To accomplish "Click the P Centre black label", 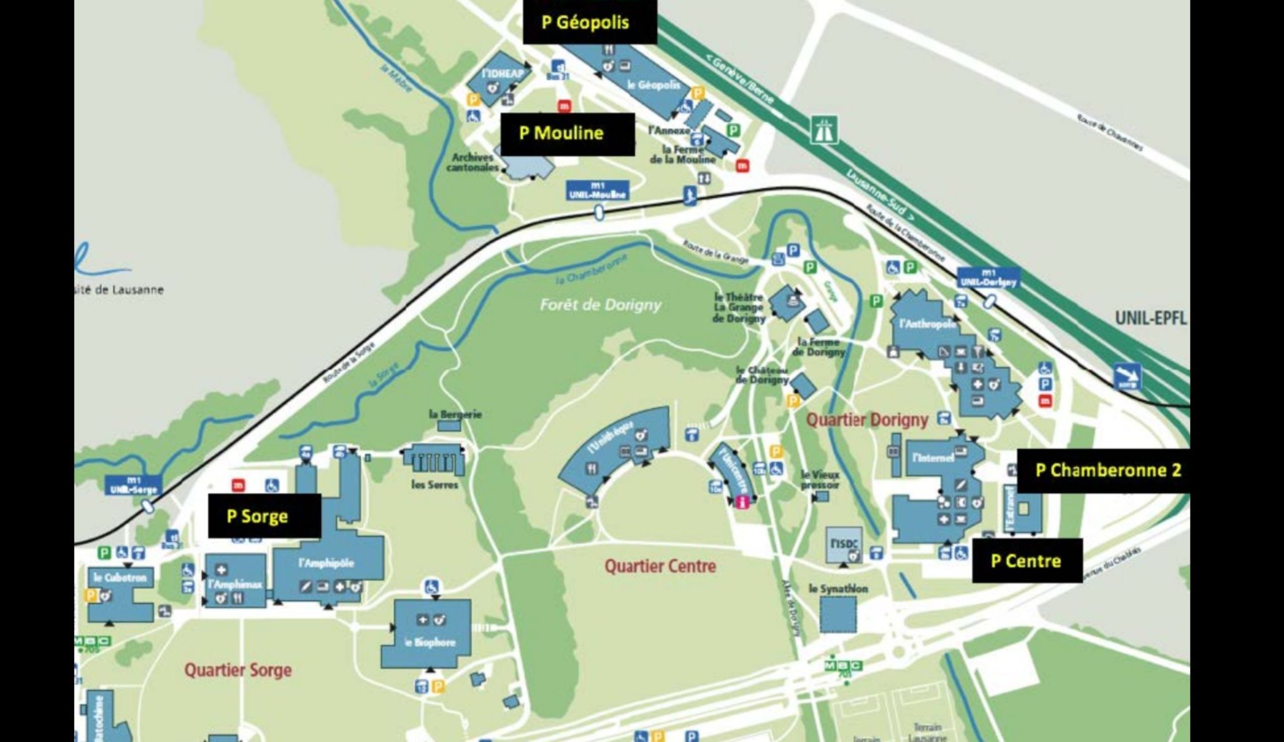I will click(x=1026, y=560).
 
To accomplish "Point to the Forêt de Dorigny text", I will click(x=600, y=305).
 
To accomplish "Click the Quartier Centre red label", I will click(x=660, y=567).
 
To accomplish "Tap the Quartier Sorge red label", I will click(x=238, y=669).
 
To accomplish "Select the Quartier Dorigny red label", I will click(x=866, y=419).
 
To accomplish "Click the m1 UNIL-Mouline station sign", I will click(x=597, y=191).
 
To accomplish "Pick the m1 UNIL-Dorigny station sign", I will click(x=987, y=277).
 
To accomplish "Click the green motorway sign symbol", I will click(x=824, y=129).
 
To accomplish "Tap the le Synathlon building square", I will click(x=838, y=614).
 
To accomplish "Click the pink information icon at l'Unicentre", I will click(x=742, y=501).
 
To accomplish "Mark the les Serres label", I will click(x=434, y=484).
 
